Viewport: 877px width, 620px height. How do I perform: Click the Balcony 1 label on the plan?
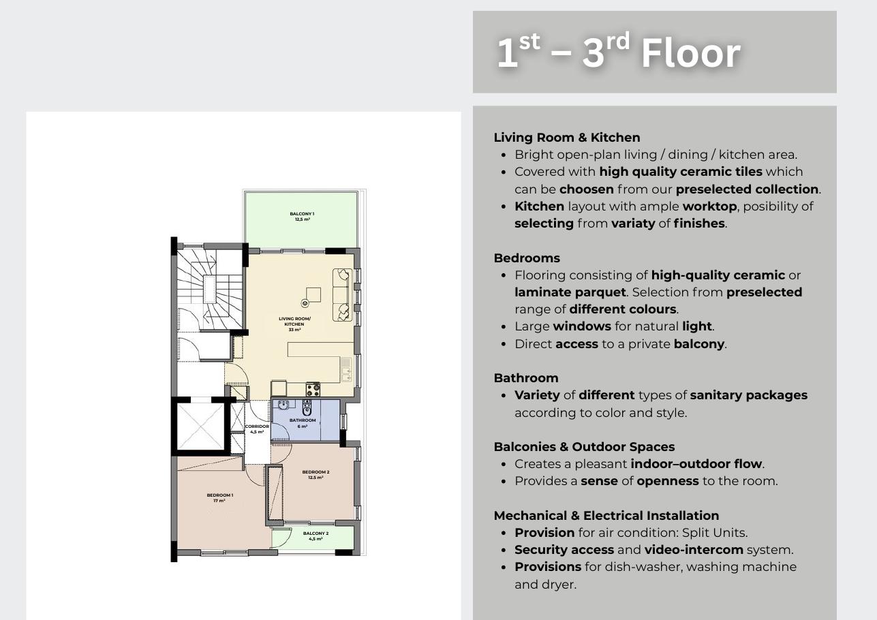click(x=302, y=217)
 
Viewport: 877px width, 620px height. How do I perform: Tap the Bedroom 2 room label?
click(x=316, y=475)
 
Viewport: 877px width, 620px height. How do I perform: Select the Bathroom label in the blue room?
click(x=303, y=423)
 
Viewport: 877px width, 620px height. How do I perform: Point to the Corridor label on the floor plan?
click(x=257, y=429)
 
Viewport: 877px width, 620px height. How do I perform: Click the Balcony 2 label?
click(x=316, y=536)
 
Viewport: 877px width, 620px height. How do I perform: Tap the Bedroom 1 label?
click(x=219, y=498)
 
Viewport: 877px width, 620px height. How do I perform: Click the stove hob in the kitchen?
click(x=313, y=389)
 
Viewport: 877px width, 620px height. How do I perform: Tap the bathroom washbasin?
click(x=283, y=404)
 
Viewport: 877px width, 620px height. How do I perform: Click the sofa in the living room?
click(x=342, y=295)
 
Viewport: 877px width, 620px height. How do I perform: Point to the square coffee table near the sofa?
click(x=313, y=295)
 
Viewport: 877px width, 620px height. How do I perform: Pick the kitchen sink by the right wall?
click(x=345, y=369)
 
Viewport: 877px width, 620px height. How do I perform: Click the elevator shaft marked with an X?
click(x=200, y=427)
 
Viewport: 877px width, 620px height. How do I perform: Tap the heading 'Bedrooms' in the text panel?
click(x=527, y=258)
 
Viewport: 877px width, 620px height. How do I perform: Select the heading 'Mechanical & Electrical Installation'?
click(x=606, y=516)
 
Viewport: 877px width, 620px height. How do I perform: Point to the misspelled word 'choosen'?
click(x=586, y=189)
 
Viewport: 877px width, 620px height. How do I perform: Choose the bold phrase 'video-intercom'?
click(x=694, y=550)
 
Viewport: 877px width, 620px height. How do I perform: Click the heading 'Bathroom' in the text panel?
click(x=526, y=377)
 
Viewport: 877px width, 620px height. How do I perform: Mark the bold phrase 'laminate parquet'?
click(x=570, y=292)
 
